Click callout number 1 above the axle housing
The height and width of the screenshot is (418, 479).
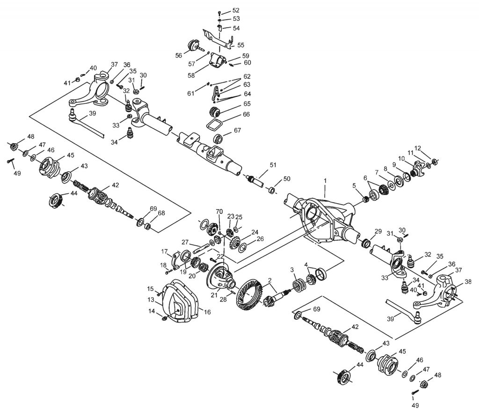pyautogui.click(x=325, y=180)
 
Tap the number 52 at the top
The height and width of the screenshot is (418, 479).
pyautogui.click(x=235, y=10)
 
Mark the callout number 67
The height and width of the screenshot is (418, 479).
pyautogui.click(x=238, y=130)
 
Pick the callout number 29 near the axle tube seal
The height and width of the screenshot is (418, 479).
pyautogui.click(x=378, y=231)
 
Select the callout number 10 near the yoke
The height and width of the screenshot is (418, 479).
pyautogui.click(x=401, y=158)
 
